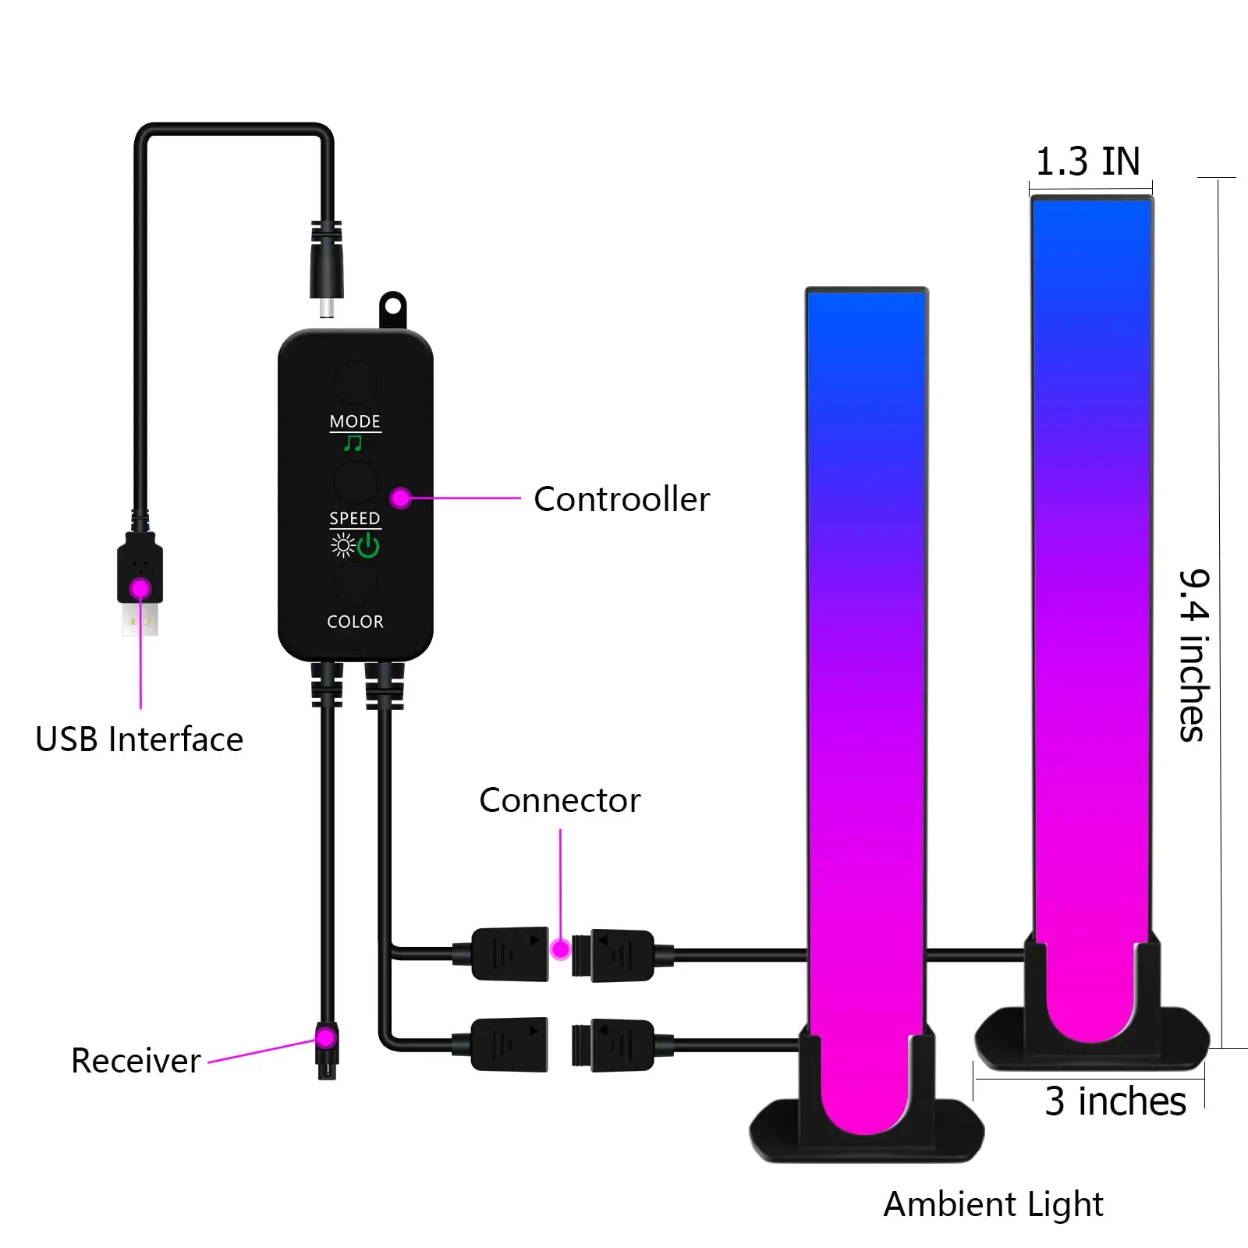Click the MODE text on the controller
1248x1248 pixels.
coord(355,421)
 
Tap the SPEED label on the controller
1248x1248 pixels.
coord(355,519)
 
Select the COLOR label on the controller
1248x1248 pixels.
coord(355,622)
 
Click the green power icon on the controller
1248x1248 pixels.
coord(368,545)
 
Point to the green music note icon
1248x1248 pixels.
coord(353,444)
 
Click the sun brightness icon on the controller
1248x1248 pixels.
coord(342,545)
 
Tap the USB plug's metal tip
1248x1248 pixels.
coord(140,621)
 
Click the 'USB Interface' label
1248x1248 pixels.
coord(139,739)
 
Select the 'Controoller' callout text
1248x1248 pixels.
coord(622,499)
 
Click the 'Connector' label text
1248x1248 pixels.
coord(559,800)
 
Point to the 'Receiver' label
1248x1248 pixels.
coord(136,1061)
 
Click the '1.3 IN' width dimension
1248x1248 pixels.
coord(1087,161)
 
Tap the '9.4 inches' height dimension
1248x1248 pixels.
coord(1193,655)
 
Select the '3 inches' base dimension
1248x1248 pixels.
coord(1115,1101)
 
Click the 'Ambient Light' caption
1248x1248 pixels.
coord(993,1204)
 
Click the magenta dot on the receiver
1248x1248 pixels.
coord(326,1038)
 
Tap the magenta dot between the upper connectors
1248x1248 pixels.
coord(560,949)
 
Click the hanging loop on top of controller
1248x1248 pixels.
coord(392,309)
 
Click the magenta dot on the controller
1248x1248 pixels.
coord(401,498)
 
